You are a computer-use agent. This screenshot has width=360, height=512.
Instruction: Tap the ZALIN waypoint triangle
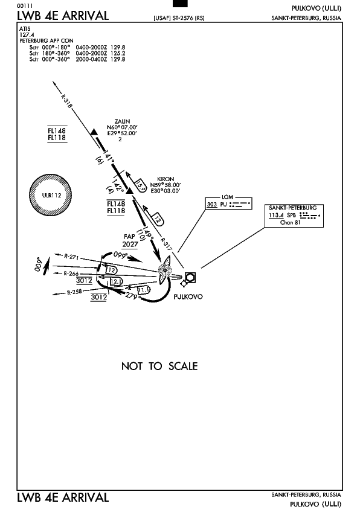click(x=94, y=132)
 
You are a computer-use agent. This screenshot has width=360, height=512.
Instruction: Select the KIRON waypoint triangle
click(x=130, y=190)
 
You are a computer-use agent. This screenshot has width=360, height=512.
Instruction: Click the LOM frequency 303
click(x=211, y=205)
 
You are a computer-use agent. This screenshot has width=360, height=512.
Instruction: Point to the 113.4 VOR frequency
click(x=276, y=215)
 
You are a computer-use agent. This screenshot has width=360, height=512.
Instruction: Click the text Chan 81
click(x=290, y=222)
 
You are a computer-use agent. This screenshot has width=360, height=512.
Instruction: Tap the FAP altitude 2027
click(x=130, y=245)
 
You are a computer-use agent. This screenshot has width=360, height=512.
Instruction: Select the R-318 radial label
click(x=66, y=101)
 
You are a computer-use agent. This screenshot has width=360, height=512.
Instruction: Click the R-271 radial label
click(x=71, y=257)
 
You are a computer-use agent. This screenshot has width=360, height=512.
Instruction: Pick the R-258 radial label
click(x=74, y=292)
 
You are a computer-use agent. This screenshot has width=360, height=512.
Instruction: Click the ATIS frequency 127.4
click(x=27, y=34)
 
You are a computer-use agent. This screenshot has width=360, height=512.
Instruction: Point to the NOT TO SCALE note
click(x=159, y=366)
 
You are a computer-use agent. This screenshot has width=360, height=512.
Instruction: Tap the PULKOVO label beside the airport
click(x=188, y=297)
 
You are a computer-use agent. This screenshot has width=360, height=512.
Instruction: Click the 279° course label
click(x=133, y=296)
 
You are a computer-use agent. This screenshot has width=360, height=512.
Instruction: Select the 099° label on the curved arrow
click(x=120, y=255)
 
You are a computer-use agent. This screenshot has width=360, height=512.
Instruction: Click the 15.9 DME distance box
click(x=141, y=185)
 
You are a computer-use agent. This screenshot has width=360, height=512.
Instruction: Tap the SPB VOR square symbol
click(x=190, y=277)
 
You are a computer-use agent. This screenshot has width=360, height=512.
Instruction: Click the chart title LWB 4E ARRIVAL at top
click(x=63, y=16)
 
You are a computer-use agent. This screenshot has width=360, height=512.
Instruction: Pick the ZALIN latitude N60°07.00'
click(x=122, y=127)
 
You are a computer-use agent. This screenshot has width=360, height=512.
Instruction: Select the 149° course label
click(x=148, y=233)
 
